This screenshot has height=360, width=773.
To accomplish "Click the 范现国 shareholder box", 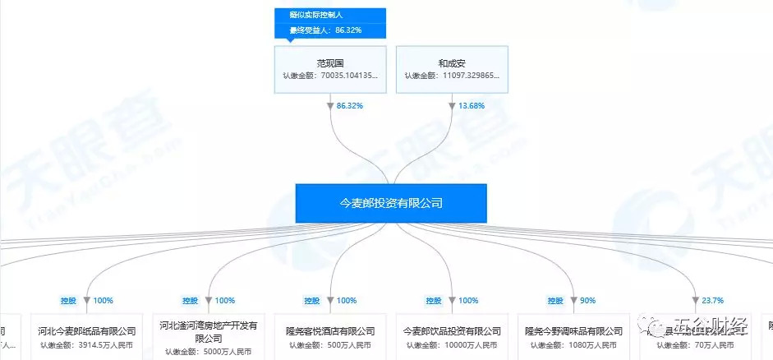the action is point(329,68).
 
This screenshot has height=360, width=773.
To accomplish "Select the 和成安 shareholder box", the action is point(452,68).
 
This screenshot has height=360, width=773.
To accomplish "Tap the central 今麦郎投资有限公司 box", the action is point(391,202).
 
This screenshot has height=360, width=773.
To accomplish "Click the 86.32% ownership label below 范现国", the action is point(350,106).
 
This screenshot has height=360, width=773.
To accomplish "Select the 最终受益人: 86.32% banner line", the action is point(325,30).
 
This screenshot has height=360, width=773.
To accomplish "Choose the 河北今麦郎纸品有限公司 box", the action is point(85,336).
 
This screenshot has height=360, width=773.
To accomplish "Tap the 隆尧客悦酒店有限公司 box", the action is point(330,336).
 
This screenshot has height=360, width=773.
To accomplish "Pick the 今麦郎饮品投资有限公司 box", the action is point(452,336).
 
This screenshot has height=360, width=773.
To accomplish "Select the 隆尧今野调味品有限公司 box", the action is point(573,336).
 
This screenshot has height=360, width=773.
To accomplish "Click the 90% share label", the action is point(587,300).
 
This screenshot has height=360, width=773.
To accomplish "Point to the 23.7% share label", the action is point(711,300).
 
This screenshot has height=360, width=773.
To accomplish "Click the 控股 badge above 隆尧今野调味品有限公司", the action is point(555,300).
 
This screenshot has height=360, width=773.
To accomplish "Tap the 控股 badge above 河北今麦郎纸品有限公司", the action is point(68,300).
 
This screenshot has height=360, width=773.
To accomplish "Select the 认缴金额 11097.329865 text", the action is point(452,76).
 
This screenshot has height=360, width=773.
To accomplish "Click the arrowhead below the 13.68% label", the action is point(452,107).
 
